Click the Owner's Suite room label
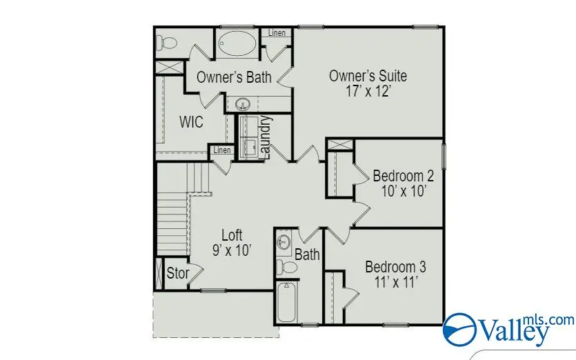(368, 76)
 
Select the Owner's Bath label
(234, 77)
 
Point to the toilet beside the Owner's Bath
(166, 43)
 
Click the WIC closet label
(190, 122)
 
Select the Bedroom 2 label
(404, 175)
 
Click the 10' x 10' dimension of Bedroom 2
(404, 191)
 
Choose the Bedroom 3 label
(395, 267)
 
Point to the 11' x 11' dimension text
(396, 282)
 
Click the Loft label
(232, 235)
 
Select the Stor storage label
(178, 273)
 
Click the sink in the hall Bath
(284, 242)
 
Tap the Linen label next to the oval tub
(276, 33)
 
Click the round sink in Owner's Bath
(243, 105)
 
